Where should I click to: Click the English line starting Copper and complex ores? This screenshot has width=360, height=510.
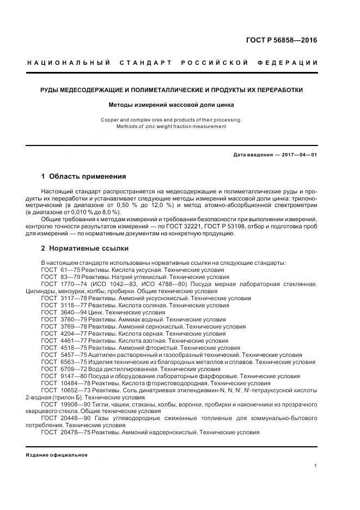171,119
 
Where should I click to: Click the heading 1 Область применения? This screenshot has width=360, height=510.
83,177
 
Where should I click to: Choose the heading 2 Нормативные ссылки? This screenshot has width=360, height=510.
85,248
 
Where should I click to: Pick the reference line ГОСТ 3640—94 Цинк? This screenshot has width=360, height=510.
103,313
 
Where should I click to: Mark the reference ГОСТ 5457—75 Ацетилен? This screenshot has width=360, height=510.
170,355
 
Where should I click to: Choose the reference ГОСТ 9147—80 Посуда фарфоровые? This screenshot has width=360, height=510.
170,376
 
